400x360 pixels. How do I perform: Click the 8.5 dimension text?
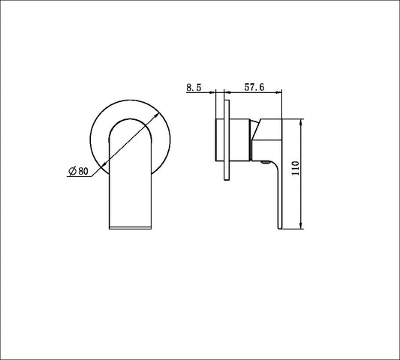194,87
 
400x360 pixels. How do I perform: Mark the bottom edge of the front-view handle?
131,226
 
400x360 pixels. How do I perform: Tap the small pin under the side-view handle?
263,160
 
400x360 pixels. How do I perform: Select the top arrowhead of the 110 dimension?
301,122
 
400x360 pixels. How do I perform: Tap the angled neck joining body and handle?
257,132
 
